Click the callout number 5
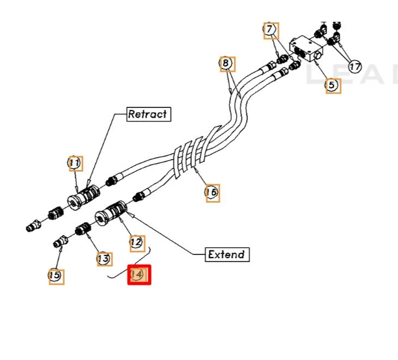click(x=333, y=85)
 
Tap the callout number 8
click(x=226, y=64)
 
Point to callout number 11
click(x=75, y=163)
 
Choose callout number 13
click(x=104, y=259)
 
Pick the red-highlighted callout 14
click(x=138, y=275)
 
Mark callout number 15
click(x=55, y=276)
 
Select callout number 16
click(x=212, y=192)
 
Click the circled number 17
click(x=355, y=67)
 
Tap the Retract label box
click(x=148, y=114)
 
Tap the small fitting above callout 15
click(x=61, y=240)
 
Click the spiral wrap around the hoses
click(x=189, y=154)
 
